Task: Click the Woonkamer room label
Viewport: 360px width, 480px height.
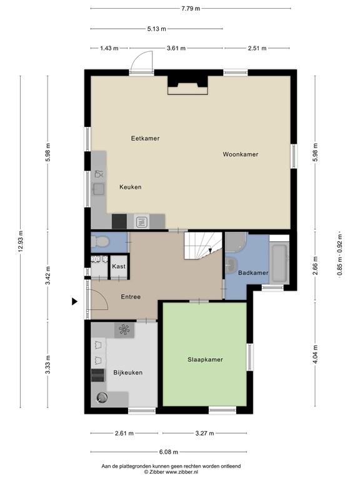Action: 240,154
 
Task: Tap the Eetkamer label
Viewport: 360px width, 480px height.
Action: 145,138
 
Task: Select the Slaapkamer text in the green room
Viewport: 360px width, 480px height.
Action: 205,360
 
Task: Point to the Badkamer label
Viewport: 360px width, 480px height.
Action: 253,272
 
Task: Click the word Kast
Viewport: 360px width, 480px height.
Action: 119,266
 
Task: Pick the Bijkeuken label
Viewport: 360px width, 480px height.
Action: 128,372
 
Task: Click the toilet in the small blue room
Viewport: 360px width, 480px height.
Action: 100,242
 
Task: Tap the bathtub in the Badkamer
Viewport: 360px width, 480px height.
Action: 279,263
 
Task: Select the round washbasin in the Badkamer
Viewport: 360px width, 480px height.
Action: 231,266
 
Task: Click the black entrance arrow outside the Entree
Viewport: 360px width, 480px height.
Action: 74,301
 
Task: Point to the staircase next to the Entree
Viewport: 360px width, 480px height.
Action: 203,246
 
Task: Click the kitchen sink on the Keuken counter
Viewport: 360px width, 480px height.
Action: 99,189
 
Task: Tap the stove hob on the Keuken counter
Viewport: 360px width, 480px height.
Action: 141,222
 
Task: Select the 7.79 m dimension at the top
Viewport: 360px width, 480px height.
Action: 191,9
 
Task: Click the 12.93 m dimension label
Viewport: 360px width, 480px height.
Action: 21,241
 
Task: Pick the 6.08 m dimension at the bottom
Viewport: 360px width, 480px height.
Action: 169,452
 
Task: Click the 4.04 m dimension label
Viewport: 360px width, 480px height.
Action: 316,354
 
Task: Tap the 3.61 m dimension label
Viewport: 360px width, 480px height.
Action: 176,48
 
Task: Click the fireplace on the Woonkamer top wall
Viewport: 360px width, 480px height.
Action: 187,85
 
